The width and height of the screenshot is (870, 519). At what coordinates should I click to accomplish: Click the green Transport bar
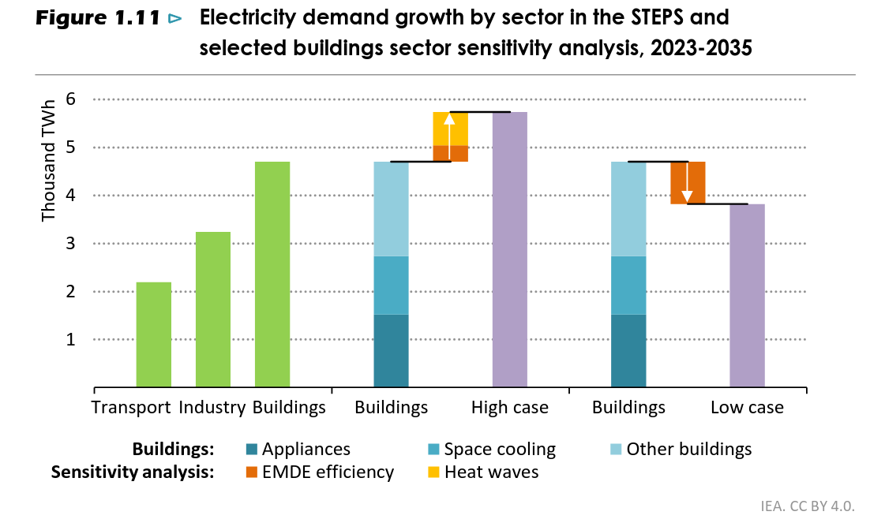pyautogui.click(x=153, y=334)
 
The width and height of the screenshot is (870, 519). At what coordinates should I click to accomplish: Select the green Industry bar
pyautogui.click(x=212, y=309)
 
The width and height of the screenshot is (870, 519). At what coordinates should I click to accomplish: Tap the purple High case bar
pyautogui.click(x=509, y=249)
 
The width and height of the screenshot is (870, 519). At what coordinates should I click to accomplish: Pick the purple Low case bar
pyautogui.click(x=747, y=295)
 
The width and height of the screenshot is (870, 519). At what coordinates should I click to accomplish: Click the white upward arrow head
pyautogui.click(x=449, y=119)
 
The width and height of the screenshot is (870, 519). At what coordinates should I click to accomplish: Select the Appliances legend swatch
pyautogui.click(x=251, y=450)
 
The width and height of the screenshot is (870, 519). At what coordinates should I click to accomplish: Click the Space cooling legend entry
pyautogui.click(x=500, y=450)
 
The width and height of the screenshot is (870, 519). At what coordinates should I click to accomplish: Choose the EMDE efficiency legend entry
pyautogui.click(x=328, y=472)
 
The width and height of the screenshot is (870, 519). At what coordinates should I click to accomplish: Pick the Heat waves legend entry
pyautogui.click(x=491, y=472)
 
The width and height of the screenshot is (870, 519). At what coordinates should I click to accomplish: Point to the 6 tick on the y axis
pyautogui.click(x=71, y=99)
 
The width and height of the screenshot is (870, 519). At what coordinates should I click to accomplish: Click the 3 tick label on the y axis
pyautogui.click(x=71, y=244)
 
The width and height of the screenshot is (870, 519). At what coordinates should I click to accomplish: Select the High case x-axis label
pyautogui.click(x=509, y=408)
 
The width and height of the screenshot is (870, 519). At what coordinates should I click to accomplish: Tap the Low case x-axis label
pyautogui.click(x=747, y=408)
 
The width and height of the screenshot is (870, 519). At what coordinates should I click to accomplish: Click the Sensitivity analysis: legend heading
pyautogui.click(x=133, y=472)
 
